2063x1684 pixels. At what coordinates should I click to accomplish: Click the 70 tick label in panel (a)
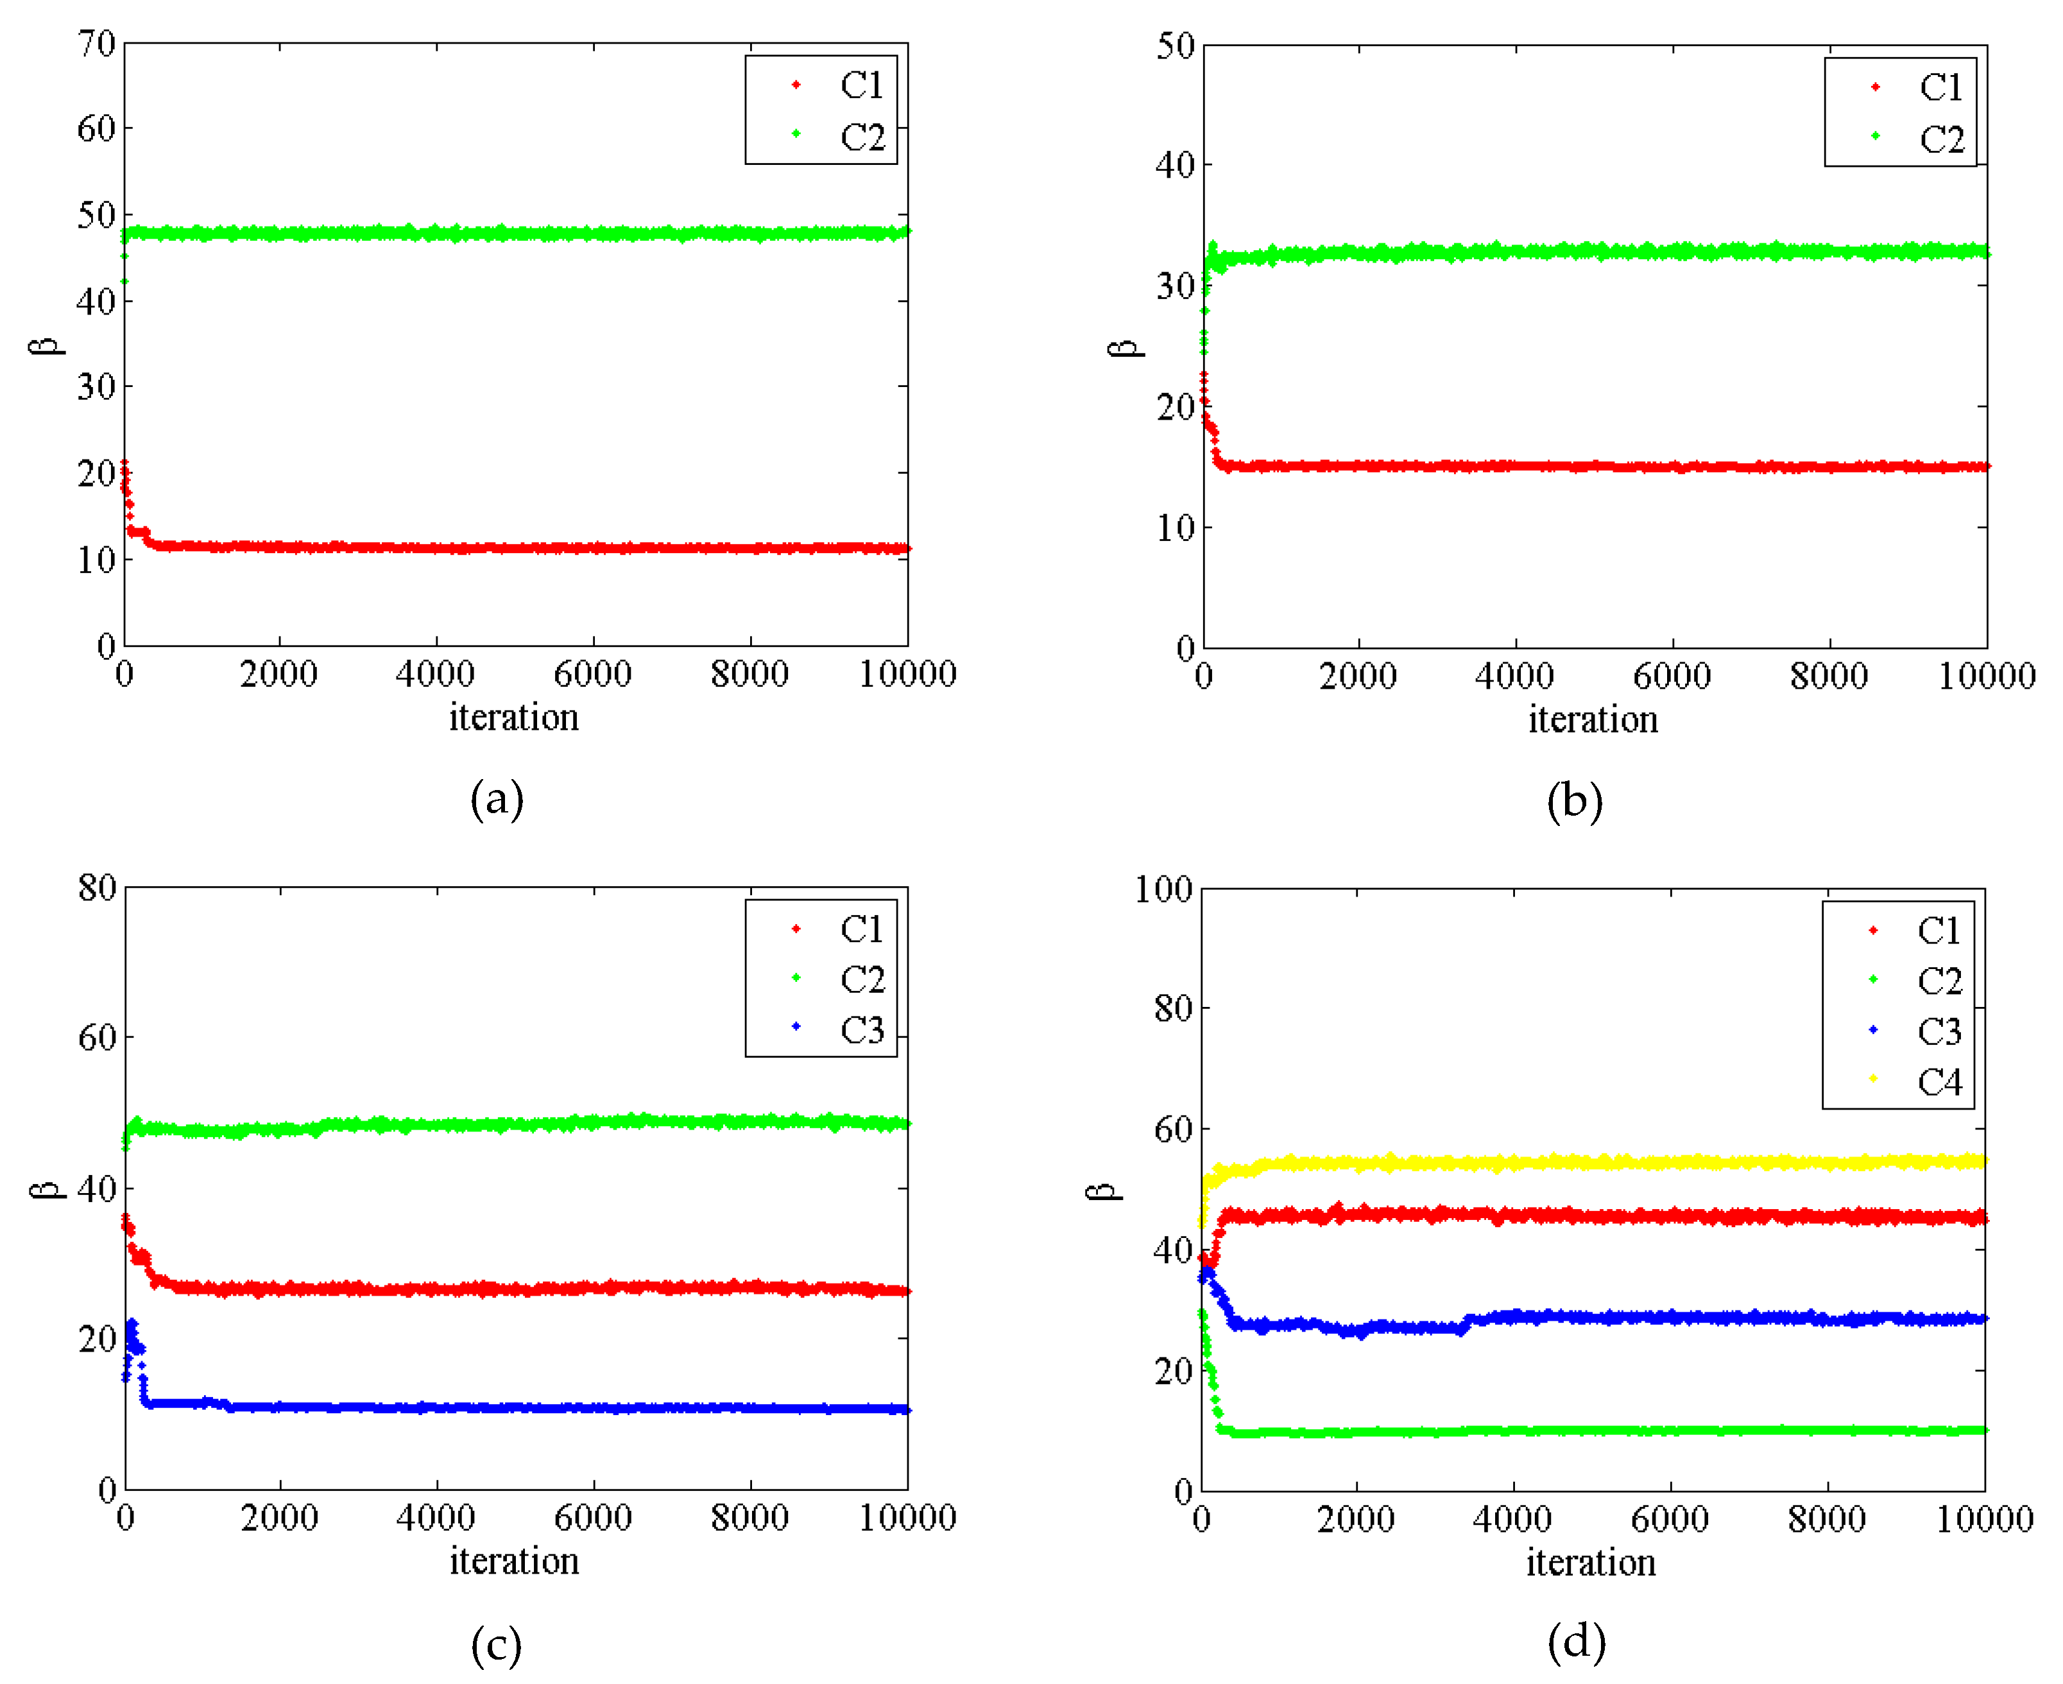pos(97,44)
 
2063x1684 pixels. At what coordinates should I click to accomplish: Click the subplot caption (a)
pos(497,799)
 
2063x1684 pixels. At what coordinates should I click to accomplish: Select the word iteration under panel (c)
pos(514,1561)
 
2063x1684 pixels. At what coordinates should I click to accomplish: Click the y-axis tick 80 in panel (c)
pos(97,888)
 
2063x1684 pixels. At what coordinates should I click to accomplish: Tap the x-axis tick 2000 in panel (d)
pos(1355,1519)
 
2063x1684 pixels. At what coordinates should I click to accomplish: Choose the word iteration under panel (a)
pos(514,717)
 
